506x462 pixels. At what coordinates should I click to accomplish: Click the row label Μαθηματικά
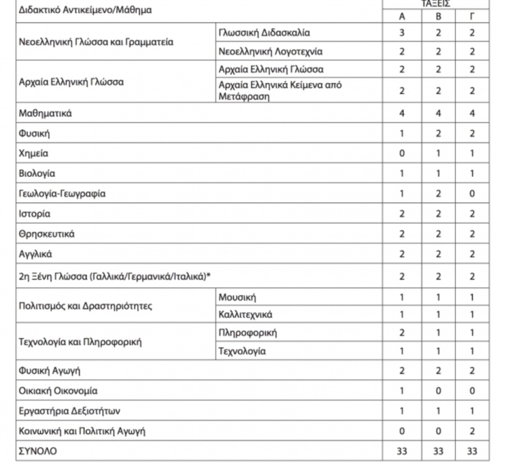[x=45, y=113]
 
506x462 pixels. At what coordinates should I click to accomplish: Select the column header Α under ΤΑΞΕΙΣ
[x=402, y=16]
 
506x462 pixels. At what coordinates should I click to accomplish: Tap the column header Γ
[x=472, y=16]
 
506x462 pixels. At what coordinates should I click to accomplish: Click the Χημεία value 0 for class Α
[x=402, y=153]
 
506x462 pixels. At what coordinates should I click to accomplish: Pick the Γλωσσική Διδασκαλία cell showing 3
[x=402, y=32]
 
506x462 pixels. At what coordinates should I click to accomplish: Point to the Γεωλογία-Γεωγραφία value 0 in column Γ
[x=472, y=194]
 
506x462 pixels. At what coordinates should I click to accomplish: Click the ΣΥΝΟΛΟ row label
[x=38, y=451]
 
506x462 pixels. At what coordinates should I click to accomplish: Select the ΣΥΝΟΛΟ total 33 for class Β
[x=437, y=451]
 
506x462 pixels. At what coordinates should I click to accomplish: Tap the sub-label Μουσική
[x=237, y=297]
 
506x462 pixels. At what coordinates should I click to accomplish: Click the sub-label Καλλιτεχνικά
[x=246, y=314]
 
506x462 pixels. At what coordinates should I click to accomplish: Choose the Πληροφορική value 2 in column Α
[x=402, y=333]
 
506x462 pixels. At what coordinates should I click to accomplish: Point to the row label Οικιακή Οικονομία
[x=58, y=390]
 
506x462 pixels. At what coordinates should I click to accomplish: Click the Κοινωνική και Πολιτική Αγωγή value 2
[x=472, y=431]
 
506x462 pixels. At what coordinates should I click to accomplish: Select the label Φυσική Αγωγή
[x=49, y=371]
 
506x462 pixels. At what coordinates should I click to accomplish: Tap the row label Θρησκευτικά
[x=47, y=234]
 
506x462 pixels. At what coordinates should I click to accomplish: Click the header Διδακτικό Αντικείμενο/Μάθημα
[x=85, y=10]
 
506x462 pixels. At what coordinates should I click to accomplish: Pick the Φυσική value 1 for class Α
[x=402, y=134]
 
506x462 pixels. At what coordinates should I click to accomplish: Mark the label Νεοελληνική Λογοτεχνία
[x=270, y=52]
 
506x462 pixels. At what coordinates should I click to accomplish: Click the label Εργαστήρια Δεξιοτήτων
[x=70, y=411]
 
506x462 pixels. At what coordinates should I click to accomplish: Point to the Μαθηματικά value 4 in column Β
[x=437, y=113]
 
